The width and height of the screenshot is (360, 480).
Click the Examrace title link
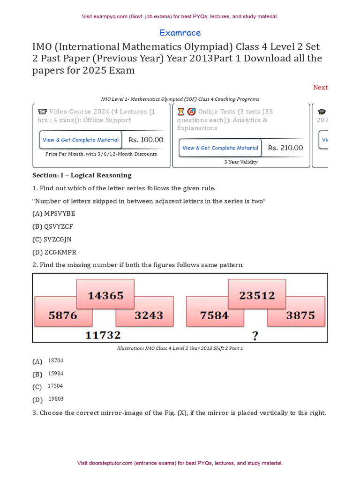point(180,33)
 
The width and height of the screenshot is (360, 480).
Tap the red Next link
point(320,87)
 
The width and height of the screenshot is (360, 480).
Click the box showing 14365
point(106,295)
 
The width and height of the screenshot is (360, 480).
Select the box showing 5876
point(63,315)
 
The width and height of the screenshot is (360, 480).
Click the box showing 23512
point(257,295)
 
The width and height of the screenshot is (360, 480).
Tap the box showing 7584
point(214,315)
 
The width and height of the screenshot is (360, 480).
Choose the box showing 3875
point(300,315)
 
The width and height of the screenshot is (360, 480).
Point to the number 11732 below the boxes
point(103,335)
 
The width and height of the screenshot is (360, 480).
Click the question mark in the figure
point(255,335)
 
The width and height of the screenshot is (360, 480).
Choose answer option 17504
point(55,386)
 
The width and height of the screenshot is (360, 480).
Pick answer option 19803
point(56,399)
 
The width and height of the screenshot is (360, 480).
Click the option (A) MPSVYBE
point(53,214)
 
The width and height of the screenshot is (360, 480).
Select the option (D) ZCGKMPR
point(54,252)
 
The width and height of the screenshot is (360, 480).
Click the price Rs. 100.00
point(146,140)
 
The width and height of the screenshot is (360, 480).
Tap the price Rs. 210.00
point(285,148)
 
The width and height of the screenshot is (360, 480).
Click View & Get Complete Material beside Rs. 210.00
point(220,148)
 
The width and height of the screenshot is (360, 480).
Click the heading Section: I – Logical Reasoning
point(82,175)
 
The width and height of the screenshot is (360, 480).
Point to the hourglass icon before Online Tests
point(181,112)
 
